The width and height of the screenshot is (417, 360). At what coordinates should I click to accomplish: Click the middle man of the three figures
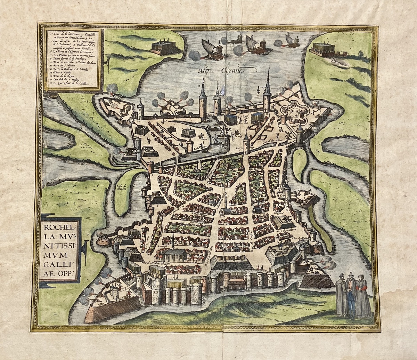351,294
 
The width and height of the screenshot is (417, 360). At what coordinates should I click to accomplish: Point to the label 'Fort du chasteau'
284,230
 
